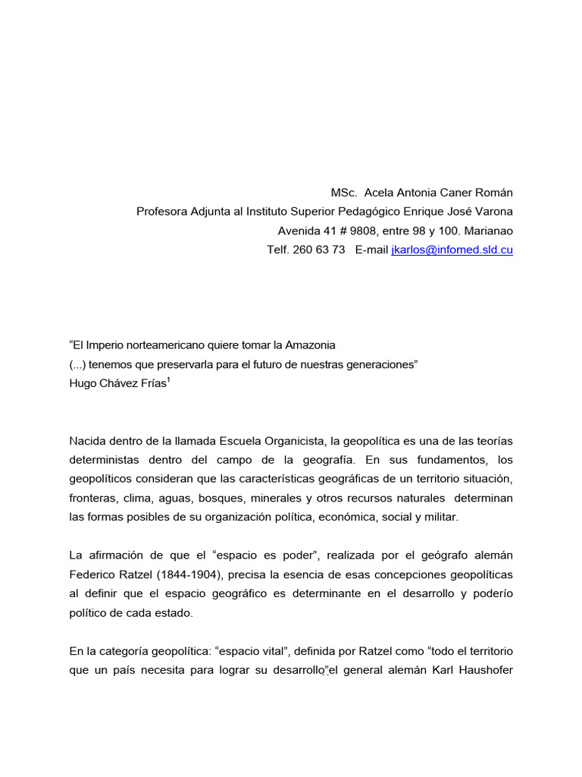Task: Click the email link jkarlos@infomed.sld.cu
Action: click(452, 250)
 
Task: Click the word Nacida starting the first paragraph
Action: click(88, 441)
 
